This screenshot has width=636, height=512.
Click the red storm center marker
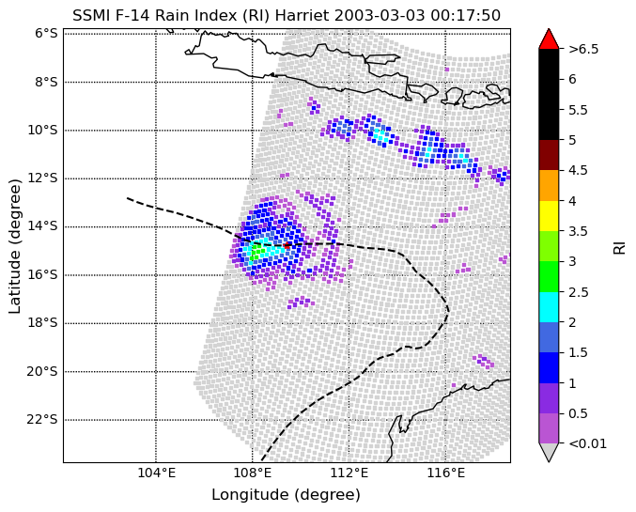(x=287, y=245)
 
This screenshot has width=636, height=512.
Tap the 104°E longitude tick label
(x=157, y=473)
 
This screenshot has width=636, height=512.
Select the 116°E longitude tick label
(x=446, y=473)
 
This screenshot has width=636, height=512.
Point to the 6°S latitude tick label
(x=46, y=34)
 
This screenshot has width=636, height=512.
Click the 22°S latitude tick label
(x=42, y=420)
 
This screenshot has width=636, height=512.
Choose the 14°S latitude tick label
(x=42, y=226)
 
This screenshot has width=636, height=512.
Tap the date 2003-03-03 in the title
(x=380, y=16)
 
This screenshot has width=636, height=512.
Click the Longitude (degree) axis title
(x=286, y=495)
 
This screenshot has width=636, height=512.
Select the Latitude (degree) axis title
(x=14, y=246)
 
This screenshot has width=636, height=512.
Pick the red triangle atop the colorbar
(x=549, y=39)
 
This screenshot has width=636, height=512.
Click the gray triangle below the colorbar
(x=549, y=453)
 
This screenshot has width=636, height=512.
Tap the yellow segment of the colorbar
(x=549, y=216)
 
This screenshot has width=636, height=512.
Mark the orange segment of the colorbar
(x=549, y=185)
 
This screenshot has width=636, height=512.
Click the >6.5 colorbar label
(x=583, y=49)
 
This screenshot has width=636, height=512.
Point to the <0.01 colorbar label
(x=588, y=443)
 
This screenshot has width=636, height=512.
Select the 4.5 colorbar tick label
(x=579, y=170)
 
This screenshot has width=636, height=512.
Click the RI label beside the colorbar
(x=619, y=246)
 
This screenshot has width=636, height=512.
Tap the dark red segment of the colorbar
(x=549, y=155)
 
